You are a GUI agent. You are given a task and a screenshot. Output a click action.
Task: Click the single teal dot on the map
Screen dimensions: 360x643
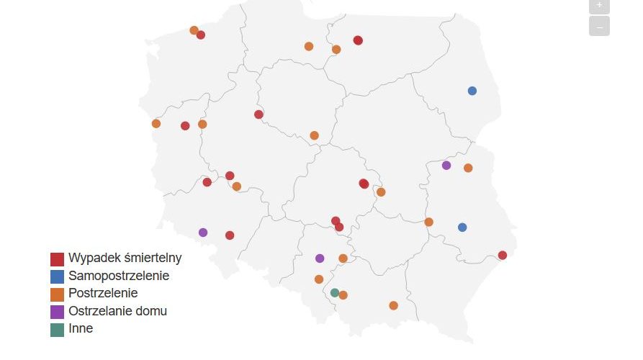point(335,292)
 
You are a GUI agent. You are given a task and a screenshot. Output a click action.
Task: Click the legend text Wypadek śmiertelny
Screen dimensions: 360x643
point(125,258)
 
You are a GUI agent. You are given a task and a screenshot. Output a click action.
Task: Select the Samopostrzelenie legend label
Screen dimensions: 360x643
point(119,275)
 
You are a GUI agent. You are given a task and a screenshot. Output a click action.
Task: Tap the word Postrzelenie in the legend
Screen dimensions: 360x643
point(103,293)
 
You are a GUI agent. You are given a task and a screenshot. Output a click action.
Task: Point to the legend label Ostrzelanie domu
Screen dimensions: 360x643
point(117,311)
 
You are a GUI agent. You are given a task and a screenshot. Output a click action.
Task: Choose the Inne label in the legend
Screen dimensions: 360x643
point(81,328)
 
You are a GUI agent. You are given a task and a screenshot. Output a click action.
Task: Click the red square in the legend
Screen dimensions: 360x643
point(57,258)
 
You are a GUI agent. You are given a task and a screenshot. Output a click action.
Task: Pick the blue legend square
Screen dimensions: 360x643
point(57,276)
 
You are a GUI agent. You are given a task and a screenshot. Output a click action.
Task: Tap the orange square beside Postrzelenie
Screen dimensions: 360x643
point(57,294)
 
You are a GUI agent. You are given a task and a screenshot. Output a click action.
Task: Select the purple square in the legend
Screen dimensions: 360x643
point(57,312)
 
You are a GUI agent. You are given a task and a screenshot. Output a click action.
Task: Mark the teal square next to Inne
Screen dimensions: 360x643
point(57,329)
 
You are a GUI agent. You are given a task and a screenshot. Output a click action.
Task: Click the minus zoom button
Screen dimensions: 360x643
point(599,27)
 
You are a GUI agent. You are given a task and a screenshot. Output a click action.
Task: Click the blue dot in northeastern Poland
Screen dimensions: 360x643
point(472,91)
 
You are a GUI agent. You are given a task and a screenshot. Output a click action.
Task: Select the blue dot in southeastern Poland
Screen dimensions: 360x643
point(462,228)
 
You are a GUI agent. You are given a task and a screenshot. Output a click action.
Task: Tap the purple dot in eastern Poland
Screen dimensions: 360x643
point(446,166)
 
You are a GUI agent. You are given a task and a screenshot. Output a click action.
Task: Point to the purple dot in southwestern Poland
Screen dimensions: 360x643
point(203,233)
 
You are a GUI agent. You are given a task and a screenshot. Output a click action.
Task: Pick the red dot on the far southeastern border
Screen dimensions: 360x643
point(503,255)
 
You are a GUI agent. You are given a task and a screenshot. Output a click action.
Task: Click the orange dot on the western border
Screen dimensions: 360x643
point(156,123)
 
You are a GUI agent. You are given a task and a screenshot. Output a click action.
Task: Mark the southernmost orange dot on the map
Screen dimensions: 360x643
point(393,305)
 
